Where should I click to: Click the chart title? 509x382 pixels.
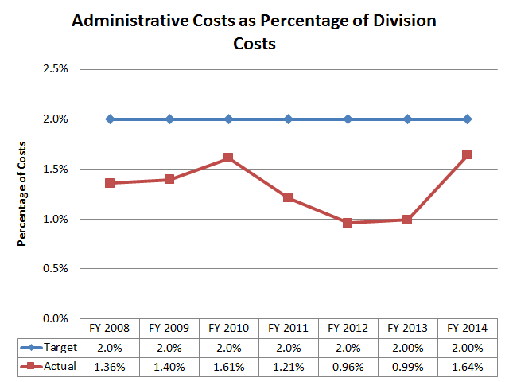(254, 32)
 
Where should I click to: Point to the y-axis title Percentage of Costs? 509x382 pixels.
(22, 193)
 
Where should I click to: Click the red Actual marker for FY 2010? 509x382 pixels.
(229, 158)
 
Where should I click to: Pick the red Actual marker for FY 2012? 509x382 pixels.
(348, 223)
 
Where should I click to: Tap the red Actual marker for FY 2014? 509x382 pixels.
(467, 154)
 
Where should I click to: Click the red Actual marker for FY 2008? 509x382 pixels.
(110, 183)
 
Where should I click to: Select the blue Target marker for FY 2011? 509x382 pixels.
(289, 119)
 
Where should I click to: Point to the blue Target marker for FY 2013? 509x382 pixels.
(407, 119)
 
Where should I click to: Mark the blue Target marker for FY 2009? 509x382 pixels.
(169, 119)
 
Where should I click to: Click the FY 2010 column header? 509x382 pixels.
(229, 327)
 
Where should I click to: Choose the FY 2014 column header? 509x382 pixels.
(467, 327)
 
